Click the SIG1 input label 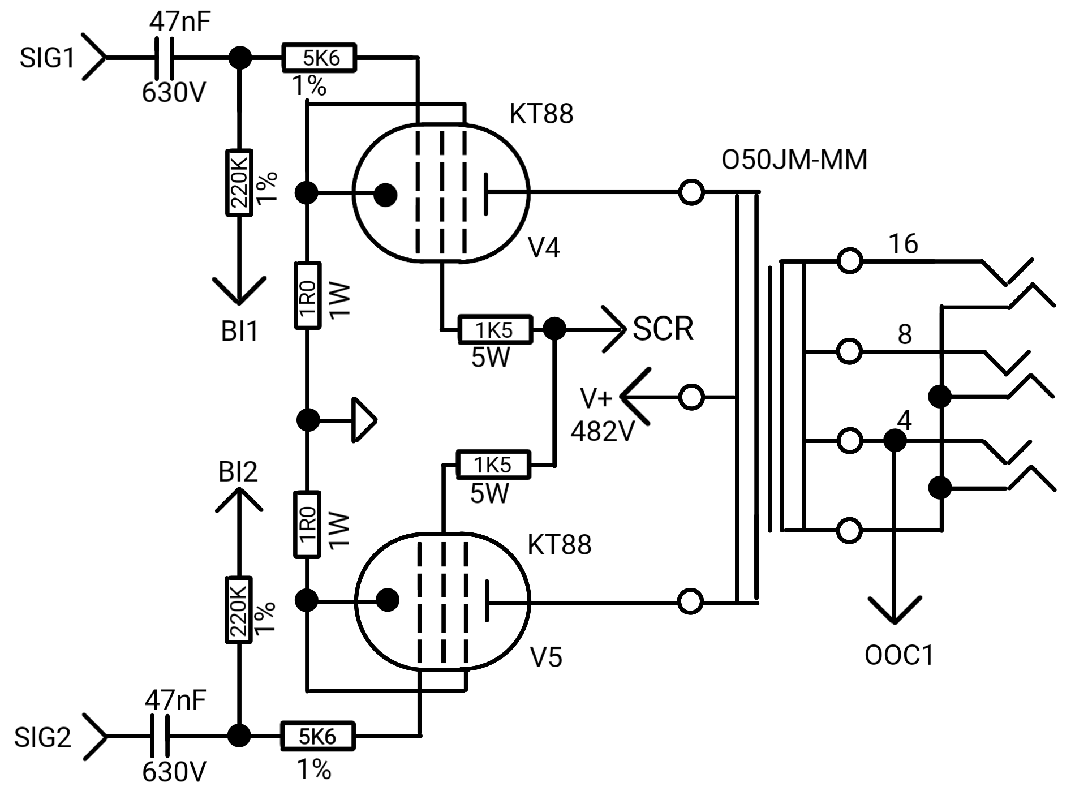(x=47, y=58)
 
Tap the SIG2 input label (x=43, y=738)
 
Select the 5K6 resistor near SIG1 (x=320, y=57)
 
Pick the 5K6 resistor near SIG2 (x=317, y=736)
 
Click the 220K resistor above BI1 (x=239, y=183)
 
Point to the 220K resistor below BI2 (x=239, y=610)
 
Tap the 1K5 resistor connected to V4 (x=495, y=329)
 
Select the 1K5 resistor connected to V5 (x=493, y=465)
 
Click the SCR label (x=663, y=329)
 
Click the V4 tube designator (x=544, y=248)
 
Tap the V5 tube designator (x=547, y=657)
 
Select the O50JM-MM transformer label (x=794, y=160)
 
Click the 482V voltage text (x=603, y=432)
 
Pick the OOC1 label (x=899, y=655)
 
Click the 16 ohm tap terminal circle (x=849, y=261)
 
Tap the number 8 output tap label (x=905, y=334)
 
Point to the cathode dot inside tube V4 (x=385, y=195)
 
